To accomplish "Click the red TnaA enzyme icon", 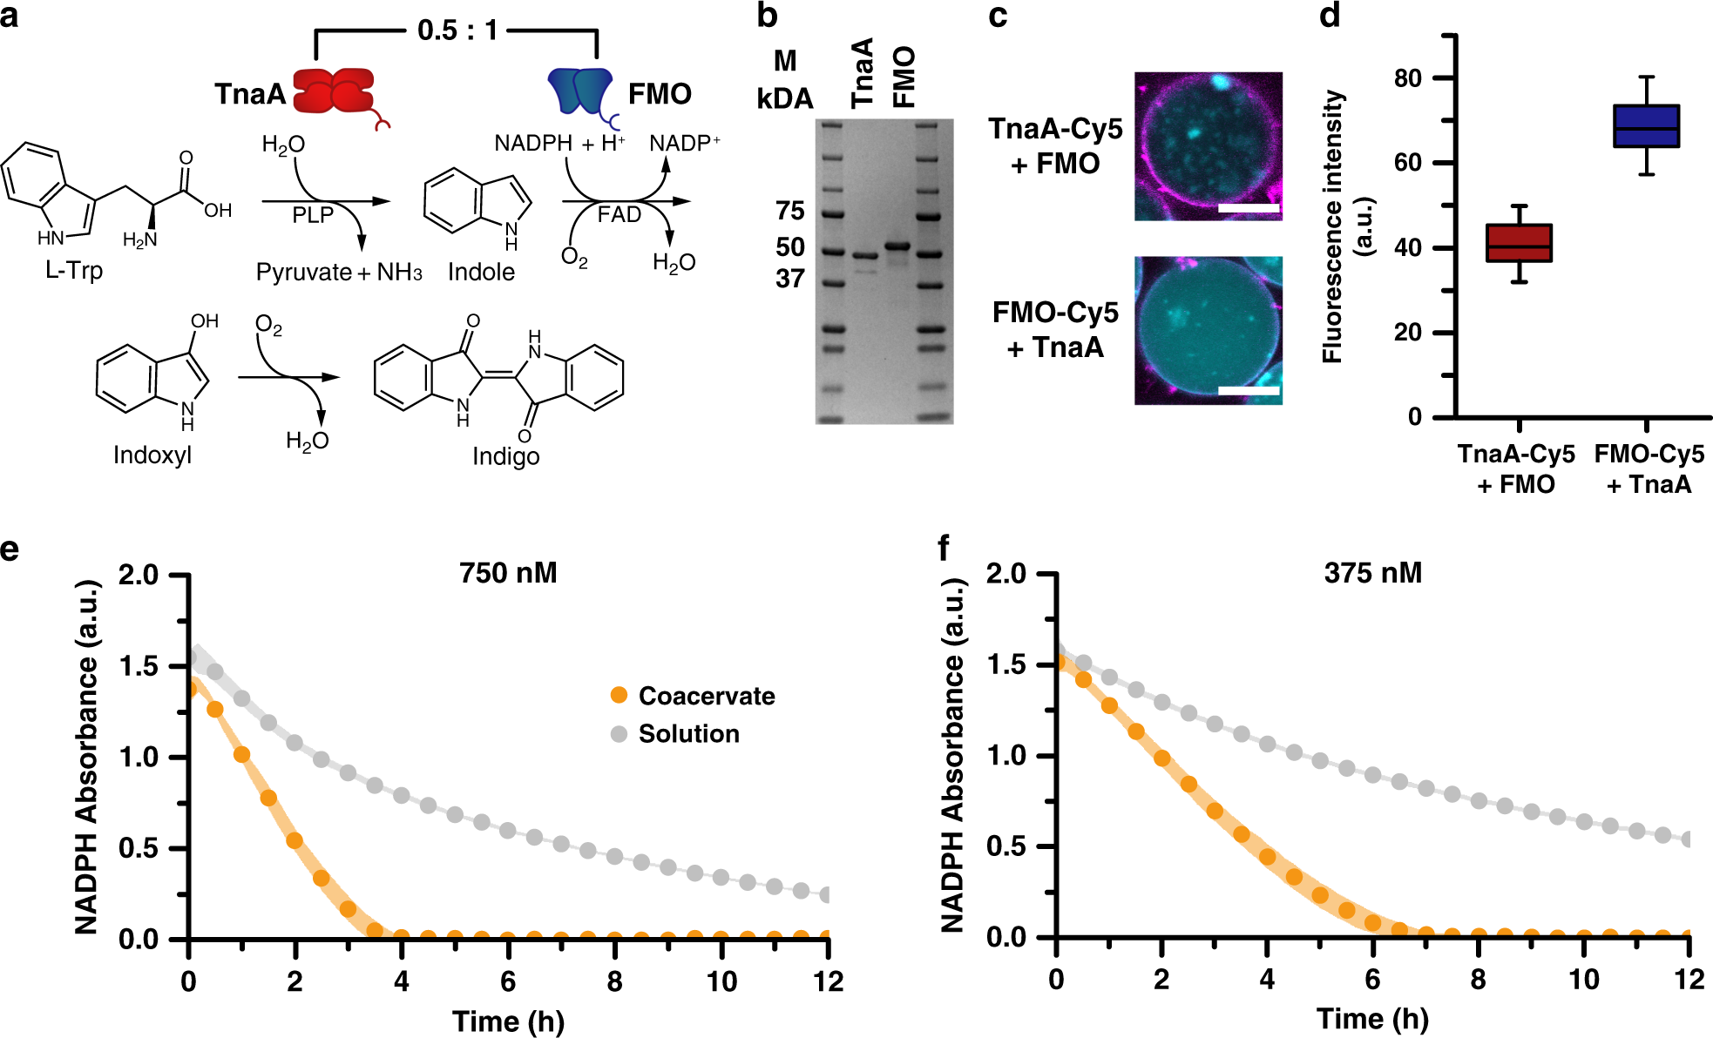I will coord(334,91).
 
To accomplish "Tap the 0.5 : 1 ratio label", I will coord(457,30).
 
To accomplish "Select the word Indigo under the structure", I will coord(505,456).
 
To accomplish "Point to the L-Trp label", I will coord(74,271).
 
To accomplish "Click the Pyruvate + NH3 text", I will coord(339,273).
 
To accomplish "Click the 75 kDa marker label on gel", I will coord(790,211).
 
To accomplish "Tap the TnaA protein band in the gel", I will coord(864,256).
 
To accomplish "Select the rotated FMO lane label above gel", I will coord(904,77).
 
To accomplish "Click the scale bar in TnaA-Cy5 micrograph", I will coord(1249,208).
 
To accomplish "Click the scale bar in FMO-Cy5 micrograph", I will coord(1249,391).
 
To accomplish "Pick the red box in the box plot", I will coord(1519,243).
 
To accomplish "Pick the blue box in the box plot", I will coord(1646,126).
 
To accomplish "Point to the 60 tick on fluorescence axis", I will coord(1407,163).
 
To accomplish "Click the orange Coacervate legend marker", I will coord(620,695).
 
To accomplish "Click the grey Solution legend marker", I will coord(620,733).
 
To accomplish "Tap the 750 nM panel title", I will coord(508,573).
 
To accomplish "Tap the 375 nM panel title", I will coord(1372,573).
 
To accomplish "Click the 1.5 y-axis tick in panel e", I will coord(139,666).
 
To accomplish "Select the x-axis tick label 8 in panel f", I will coord(1478,980).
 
